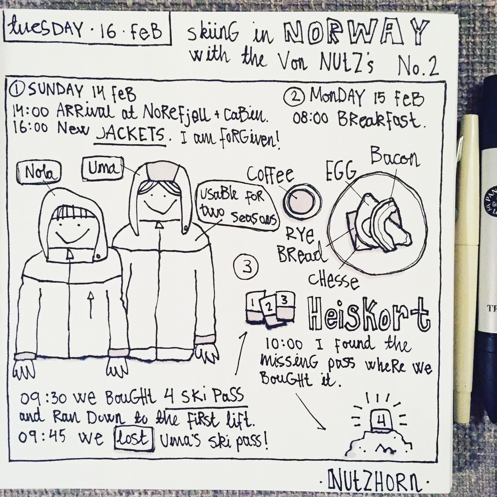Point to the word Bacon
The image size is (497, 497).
point(395,157)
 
